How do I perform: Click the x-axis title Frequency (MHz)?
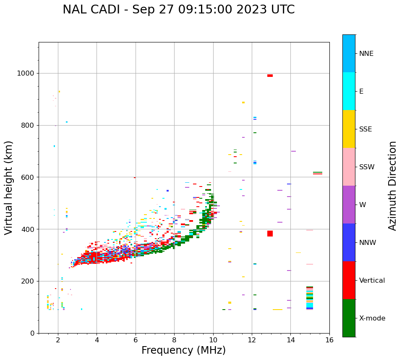[x=183, y=350]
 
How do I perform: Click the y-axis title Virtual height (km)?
[x=9, y=188]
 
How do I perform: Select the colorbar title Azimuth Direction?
[x=392, y=186]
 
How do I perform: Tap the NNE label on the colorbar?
[x=366, y=54]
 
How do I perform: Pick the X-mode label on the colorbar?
[x=372, y=318]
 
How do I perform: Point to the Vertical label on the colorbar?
[x=372, y=281]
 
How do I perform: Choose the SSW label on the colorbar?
[x=367, y=167]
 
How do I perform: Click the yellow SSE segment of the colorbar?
[x=349, y=129]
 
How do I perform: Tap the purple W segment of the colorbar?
[x=349, y=205]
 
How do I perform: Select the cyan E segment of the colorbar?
[x=349, y=91]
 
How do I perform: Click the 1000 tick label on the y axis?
[x=26, y=74]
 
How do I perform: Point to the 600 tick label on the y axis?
[x=28, y=177]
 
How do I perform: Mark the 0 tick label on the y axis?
[x=32, y=333]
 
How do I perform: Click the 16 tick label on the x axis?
[x=329, y=340]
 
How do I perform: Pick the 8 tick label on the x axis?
[x=174, y=340]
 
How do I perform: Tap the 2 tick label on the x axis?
[x=58, y=340]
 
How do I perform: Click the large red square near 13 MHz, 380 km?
[x=270, y=234]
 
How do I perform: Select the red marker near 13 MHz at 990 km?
[x=270, y=76]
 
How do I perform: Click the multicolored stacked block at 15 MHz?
[x=310, y=298]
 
